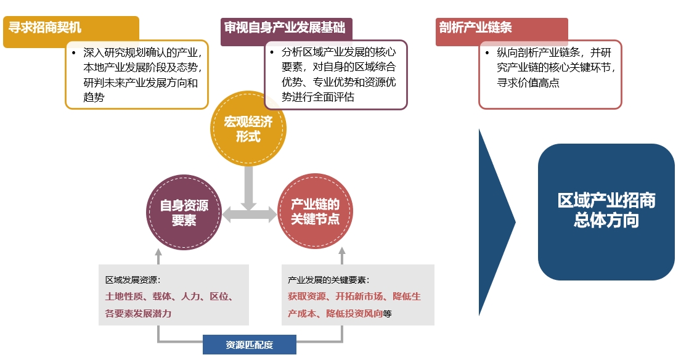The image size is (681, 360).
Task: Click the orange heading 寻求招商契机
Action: (x=45, y=27)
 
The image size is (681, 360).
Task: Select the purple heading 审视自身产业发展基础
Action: (x=285, y=27)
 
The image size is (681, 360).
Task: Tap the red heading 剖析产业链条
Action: (x=475, y=27)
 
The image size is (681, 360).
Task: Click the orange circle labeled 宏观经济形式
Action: (x=248, y=129)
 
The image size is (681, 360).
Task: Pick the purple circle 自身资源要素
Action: (x=184, y=212)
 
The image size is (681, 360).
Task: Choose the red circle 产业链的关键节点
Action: (x=315, y=211)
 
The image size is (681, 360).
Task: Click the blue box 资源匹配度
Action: (x=250, y=345)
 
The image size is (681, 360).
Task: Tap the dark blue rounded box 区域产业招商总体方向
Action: (x=606, y=212)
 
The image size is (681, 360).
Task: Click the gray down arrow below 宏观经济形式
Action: (x=248, y=187)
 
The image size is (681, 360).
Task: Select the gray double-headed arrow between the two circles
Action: (x=250, y=215)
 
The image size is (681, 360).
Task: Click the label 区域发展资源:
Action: (x=133, y=280)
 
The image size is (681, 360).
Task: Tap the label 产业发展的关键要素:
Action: (x=328, y=280)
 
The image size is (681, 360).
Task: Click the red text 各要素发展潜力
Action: (x=138, y=314)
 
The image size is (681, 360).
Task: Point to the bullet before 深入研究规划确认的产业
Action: (x=74, y=53)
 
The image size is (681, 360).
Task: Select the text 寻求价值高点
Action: (x=528, y=83)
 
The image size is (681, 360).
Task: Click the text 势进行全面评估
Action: (x=318, y=97)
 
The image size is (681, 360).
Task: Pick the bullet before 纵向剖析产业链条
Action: (x=487, y=53)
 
